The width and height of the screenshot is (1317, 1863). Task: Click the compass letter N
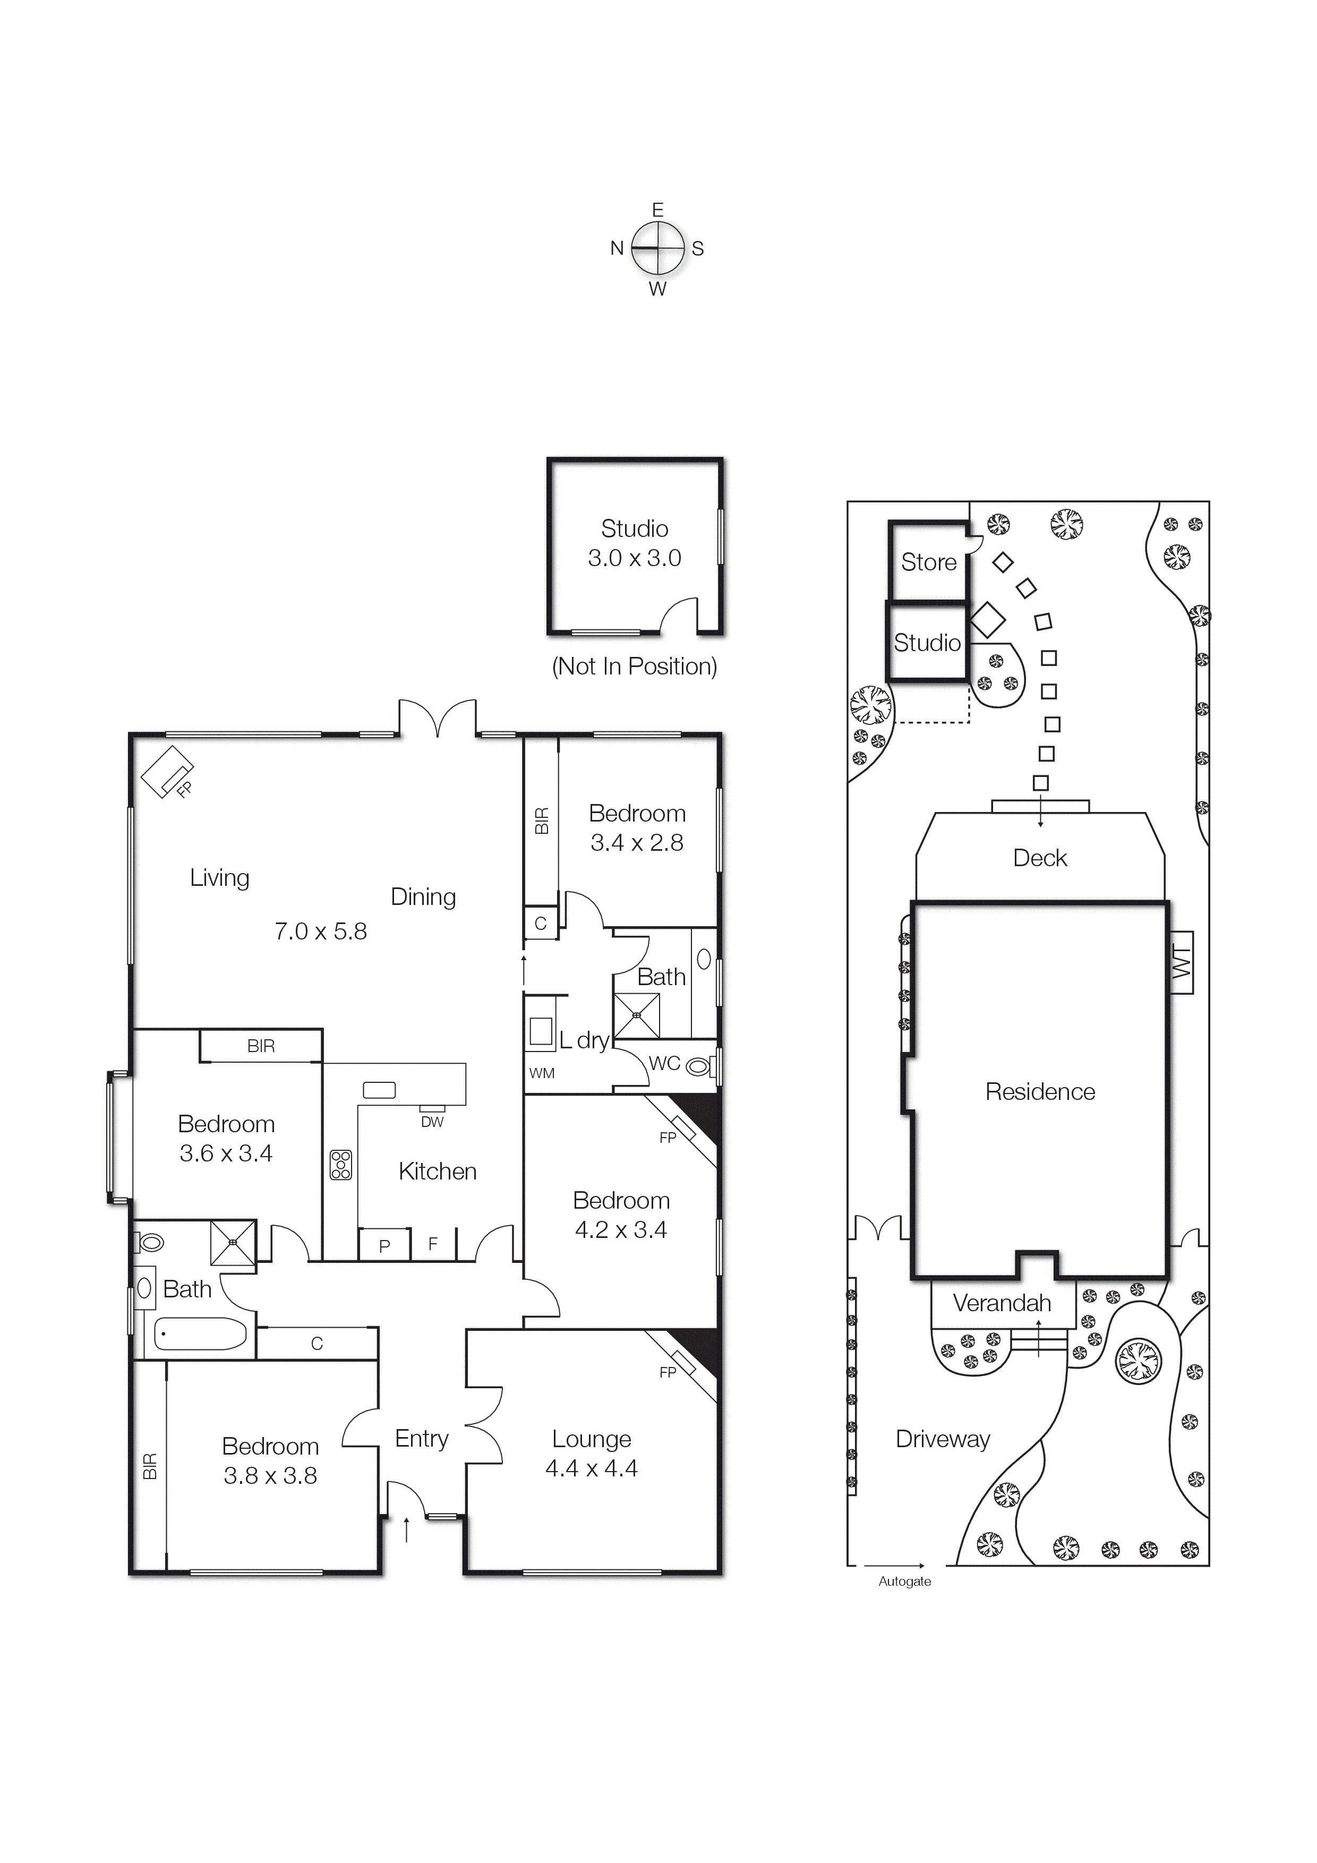(617, 249)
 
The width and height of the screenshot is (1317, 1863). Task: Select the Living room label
(219, 878)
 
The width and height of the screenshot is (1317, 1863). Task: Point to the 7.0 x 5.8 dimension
(321, 931)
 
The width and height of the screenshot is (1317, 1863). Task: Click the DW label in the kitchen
(432, 1122)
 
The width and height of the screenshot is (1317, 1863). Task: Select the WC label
(664, 1063)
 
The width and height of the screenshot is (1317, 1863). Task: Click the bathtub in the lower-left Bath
(200, 1333)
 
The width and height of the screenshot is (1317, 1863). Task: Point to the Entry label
(421, 1439)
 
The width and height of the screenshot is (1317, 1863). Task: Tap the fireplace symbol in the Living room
(168, 771)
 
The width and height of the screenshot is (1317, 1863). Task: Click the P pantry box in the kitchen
(384, 1245)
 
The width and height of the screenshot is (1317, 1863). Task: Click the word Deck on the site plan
(1039, 858)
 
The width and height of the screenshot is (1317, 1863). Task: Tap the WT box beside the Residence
(1182, 962)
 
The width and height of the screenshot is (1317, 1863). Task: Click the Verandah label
(1002, 1303)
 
